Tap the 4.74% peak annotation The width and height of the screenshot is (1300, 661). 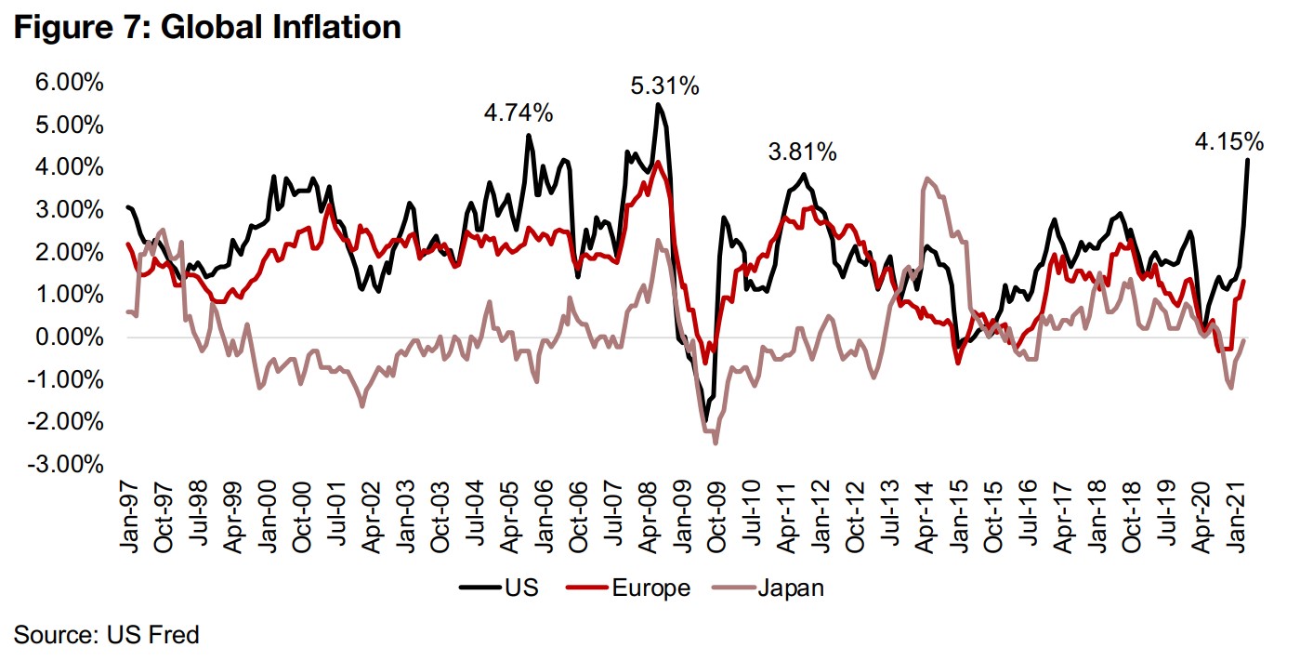click(x=519, y=114)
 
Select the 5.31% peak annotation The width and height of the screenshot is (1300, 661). click(x=664, y=87)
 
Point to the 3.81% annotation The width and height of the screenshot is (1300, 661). click(x=803, y=152)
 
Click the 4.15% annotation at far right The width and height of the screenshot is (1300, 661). click(x=1228, y=142)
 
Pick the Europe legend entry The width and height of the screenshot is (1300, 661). click(x=650, y=588)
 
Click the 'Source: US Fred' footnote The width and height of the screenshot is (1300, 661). click(x=107, y=636)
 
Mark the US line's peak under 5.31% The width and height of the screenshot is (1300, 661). click(x=658, y=104)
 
